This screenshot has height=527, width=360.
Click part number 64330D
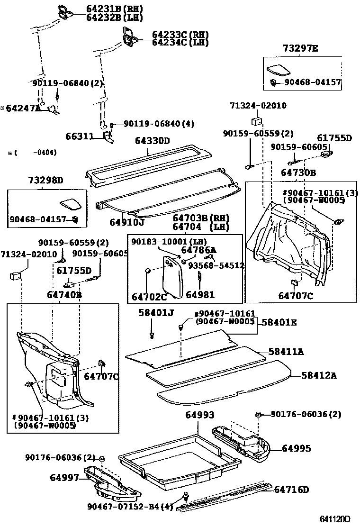point(152,141)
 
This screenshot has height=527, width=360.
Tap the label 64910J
point(127,221)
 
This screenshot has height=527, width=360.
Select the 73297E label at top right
point(301,48)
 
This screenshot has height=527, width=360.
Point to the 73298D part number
point(45,180)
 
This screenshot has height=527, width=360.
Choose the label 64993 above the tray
point(199,415)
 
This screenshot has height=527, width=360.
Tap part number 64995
point(297,448)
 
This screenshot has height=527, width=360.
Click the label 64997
point(64,478)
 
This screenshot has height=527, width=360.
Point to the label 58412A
point(319,375)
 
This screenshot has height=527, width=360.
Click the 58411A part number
point(286,352)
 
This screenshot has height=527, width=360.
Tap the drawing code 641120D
point(333,519)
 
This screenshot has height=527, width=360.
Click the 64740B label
point(64,295)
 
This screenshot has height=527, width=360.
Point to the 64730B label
point(298,173)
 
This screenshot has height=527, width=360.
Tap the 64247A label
point(24,108)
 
